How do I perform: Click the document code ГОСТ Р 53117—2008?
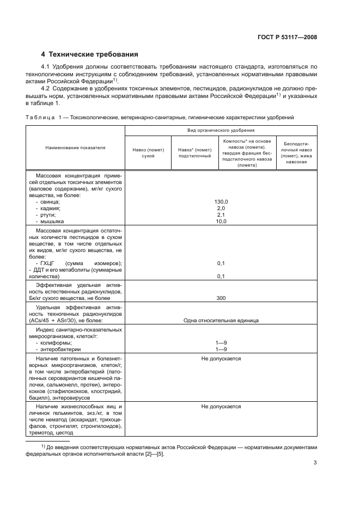point(288,38)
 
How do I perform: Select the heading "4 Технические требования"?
point(90,54)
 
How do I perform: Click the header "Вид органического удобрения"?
point(221,131)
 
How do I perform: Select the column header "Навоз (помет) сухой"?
point(148,152)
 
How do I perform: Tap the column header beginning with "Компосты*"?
point(243,152)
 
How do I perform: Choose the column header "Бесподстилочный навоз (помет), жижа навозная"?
point(298,152)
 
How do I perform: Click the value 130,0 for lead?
point(221,201)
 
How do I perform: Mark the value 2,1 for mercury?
point(221,215)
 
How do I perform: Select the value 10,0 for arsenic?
point(221,222)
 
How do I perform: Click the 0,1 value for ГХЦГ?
point(221,263)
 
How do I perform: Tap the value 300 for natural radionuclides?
point(221,298)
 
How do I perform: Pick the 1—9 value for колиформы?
point(221,342)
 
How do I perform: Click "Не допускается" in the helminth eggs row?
point(221,406)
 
